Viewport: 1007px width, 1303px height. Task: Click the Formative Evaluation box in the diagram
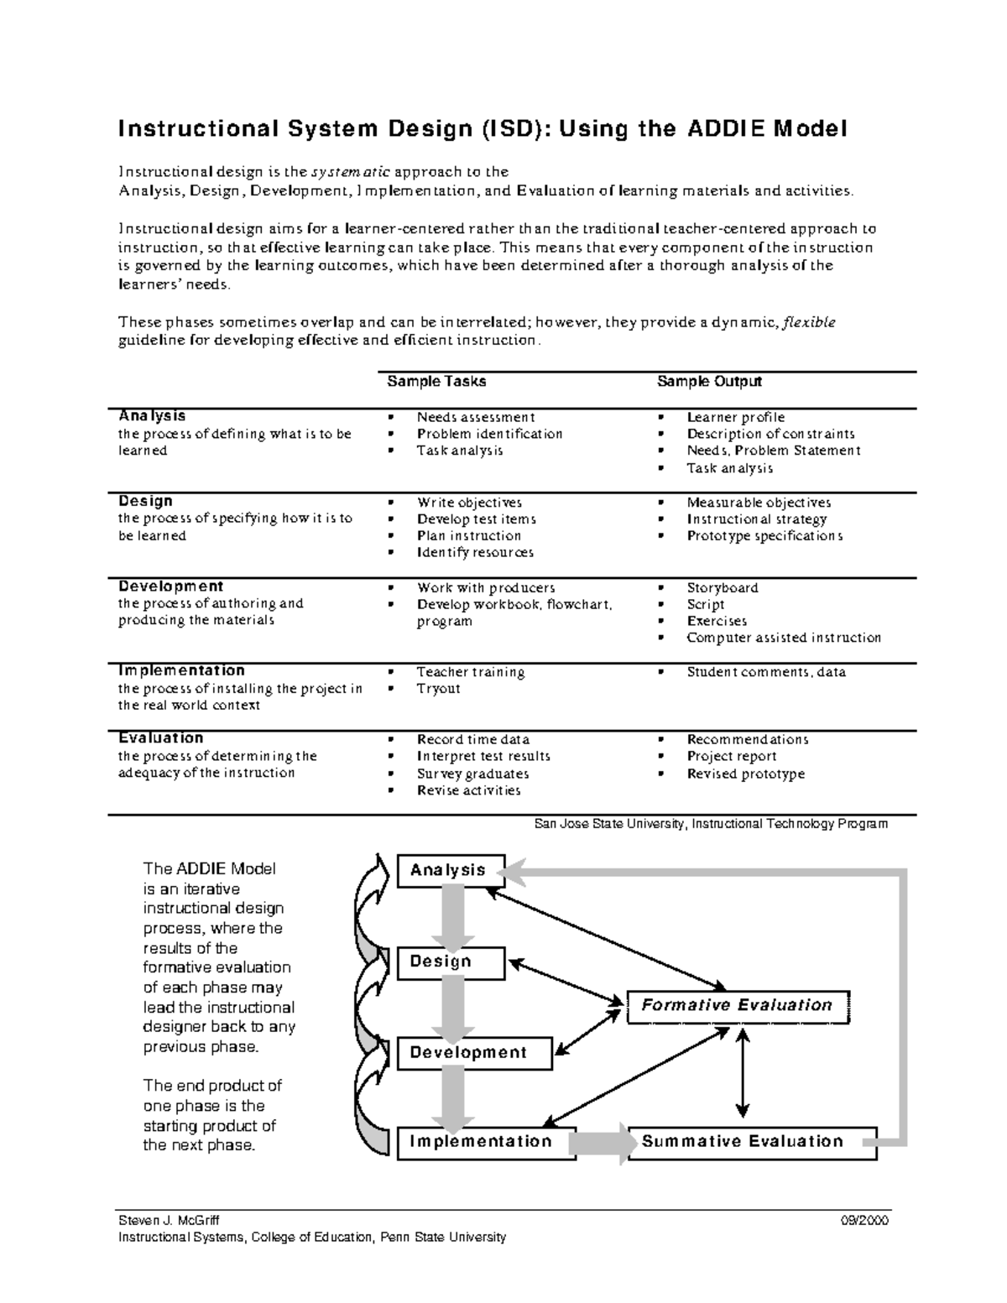tap(738, 1006)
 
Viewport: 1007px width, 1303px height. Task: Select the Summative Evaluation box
tap(751, 1142)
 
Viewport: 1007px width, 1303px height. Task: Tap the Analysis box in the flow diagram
tap(451, 871)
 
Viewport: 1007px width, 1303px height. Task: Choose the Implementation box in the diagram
tap(486, 1142)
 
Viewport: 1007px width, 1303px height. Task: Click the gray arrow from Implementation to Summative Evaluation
tap(602, 1142)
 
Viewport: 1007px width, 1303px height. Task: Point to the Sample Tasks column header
tap(436, 382)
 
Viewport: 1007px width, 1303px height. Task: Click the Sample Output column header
tap(709, 382)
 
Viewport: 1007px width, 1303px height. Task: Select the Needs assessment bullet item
tap(475, 417)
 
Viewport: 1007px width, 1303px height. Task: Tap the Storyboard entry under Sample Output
tap(722, 588)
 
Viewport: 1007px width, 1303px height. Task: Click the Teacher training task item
tap(471, 672)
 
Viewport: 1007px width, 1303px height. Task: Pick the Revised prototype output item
tap(745, 774)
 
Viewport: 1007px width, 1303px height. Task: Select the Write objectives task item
tap(469, 503)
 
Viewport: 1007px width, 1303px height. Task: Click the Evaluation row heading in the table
tap(160, 738)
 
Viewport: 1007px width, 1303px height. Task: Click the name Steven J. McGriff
tap(169, 1221)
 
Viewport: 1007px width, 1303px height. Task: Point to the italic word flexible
tap(808, 323)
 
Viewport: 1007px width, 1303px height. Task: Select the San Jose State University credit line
tap(711, 824)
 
